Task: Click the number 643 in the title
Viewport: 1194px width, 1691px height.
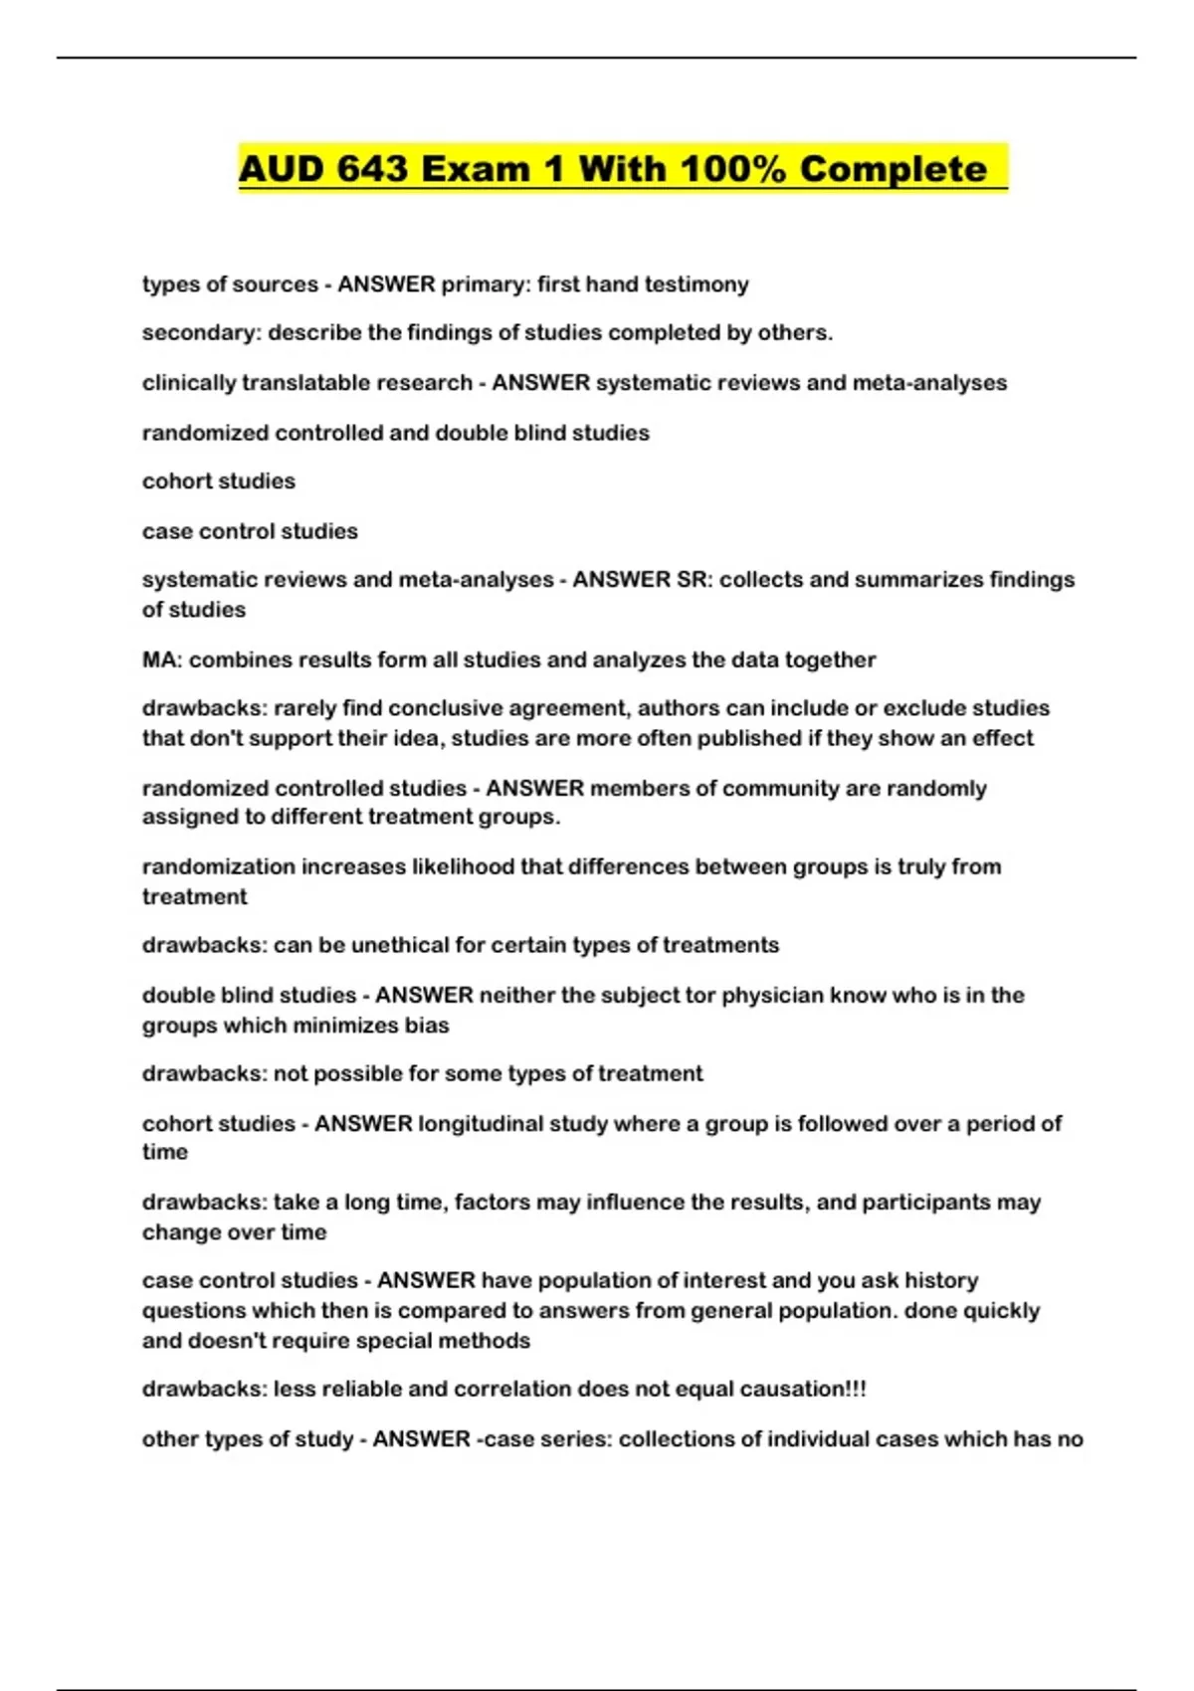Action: tap(372, 169)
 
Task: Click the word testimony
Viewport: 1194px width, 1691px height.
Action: tap(696, 284)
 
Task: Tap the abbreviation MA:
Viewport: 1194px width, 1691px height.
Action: tap(161, 660)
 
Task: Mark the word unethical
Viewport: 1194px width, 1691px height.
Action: tap(400, 945)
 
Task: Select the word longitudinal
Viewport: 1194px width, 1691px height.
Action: tap(486, 1124)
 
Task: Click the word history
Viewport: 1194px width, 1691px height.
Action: tap(941, 1281)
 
